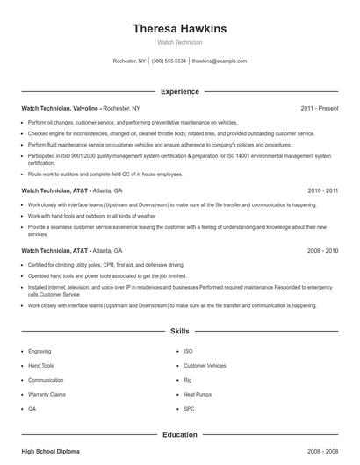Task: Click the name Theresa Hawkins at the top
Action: (x=179, y=28)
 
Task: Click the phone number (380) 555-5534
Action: (x=169, y=61)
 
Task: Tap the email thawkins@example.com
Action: (x=219, y=61)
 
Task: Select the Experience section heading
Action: (x=179, y=91)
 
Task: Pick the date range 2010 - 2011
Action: (x=322, y=190)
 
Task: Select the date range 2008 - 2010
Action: (x=322, y=250)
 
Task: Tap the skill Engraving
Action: (x=40, y=351)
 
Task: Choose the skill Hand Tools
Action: (x=41, y=365)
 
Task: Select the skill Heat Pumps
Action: (x=197, y=394)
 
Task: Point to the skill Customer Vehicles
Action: (x=205, y=365)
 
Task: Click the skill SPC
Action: (x=189, y=408)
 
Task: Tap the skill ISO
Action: (x=188, y=351)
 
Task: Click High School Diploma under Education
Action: (x=50, y=451)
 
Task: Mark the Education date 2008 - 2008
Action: (x=322, y=451)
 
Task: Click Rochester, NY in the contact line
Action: (x=128, y=61)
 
